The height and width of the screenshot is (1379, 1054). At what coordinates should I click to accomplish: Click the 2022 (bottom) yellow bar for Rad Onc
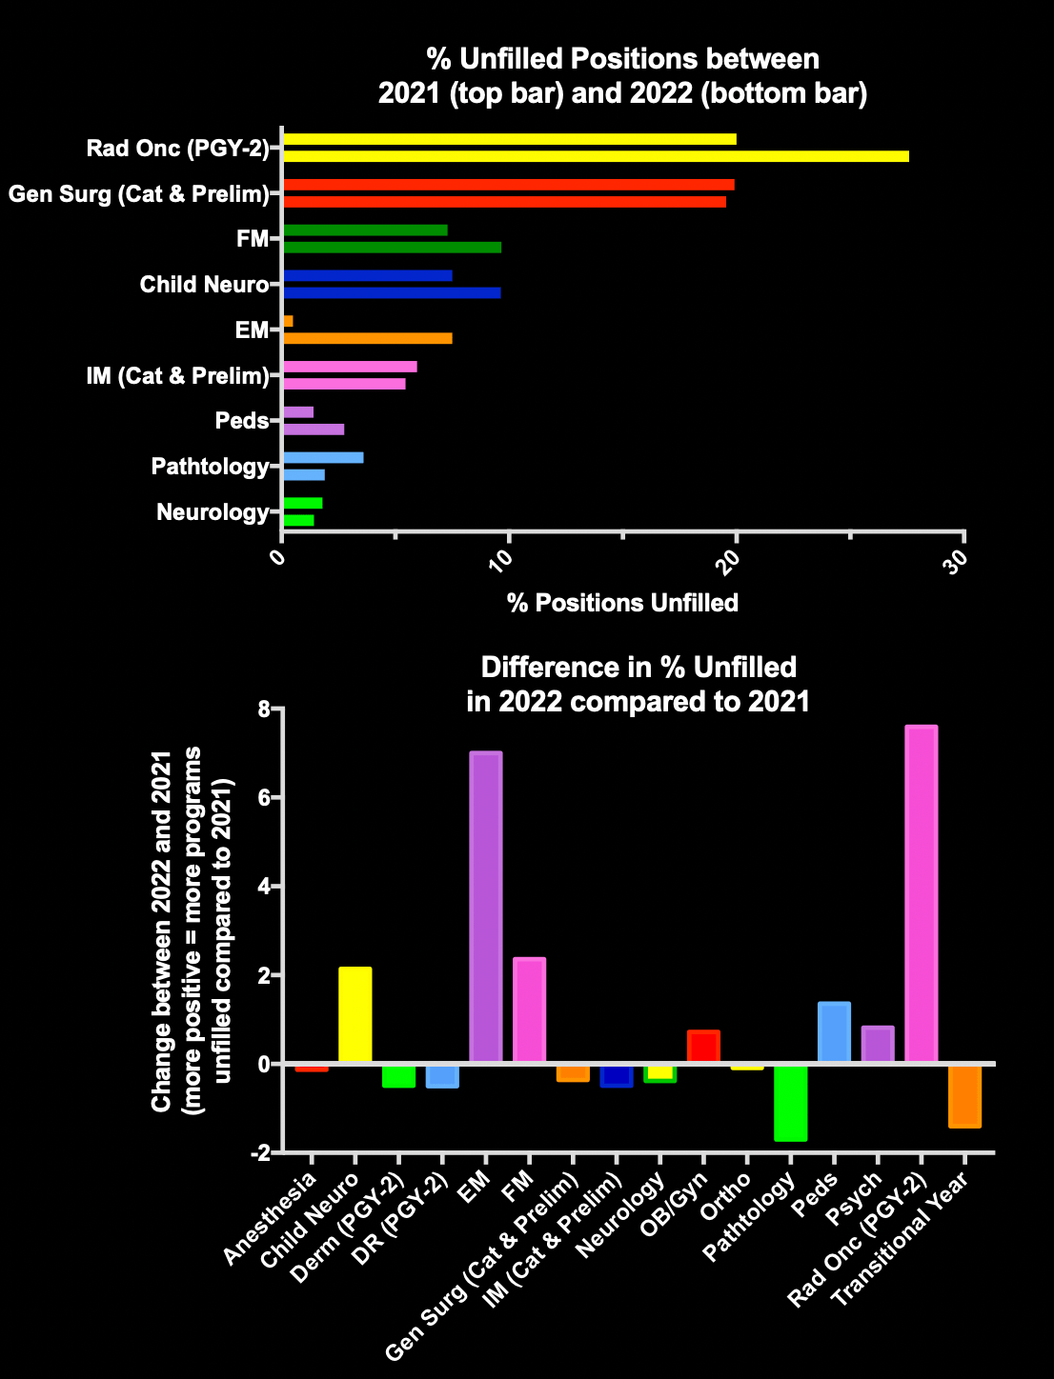click(x=596, y=156)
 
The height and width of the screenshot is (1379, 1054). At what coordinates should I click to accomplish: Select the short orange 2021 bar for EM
click(x=288, y=321)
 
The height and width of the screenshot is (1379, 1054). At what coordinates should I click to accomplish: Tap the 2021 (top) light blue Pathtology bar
click(x=323, y=458)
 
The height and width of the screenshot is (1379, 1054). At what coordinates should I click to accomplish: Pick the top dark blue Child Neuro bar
click(x=368, y=276)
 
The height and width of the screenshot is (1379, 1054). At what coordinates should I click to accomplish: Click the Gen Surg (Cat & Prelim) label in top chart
click(x=138, y=194)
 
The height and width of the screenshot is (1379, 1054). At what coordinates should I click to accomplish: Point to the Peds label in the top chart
click(x=242, y=421)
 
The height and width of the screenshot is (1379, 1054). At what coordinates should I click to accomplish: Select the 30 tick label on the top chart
click(x=960, y=556)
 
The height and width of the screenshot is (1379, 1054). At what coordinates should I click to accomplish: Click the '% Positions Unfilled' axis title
click(x=622, y=603)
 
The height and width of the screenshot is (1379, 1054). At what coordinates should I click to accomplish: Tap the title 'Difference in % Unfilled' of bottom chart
click(x=638, y=667)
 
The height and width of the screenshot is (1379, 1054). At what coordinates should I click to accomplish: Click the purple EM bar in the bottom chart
click(x=486, y=907)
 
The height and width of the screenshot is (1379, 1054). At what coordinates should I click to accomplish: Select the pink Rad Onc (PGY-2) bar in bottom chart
click(x=922, y=894)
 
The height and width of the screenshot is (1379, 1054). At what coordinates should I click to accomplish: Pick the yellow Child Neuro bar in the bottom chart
click(x=355, y=1015)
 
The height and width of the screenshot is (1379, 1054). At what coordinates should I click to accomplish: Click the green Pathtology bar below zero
click(x=791, y=1102)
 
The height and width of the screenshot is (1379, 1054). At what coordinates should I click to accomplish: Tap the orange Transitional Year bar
click(x=964, y=1095)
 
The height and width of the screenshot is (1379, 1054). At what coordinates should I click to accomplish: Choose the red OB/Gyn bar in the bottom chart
click(x=703, y=1047)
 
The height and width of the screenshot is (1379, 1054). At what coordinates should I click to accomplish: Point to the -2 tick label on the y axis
click(x=258, y=1153)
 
